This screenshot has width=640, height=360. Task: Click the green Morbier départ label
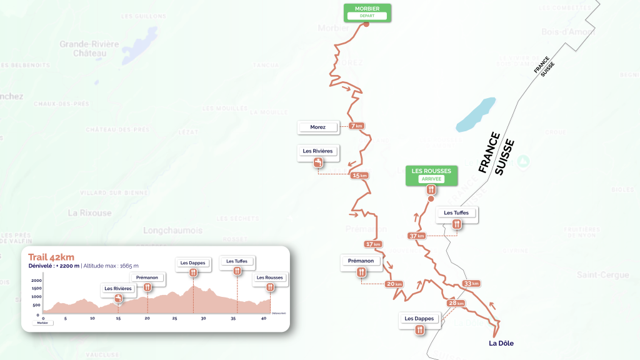[367, 12]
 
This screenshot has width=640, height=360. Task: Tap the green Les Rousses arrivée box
[431, 174]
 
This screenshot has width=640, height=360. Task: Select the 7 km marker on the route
[357, 126]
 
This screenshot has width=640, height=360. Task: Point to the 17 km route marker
[373, 244]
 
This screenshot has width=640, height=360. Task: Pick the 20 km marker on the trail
[394, 284]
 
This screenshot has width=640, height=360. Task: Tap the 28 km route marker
[456, 304]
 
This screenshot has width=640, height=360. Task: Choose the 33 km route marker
[471, 284]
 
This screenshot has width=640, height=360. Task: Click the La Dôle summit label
[501, 342]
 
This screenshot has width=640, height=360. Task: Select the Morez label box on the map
[318, 127]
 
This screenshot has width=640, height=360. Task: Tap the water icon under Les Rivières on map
[318, 163]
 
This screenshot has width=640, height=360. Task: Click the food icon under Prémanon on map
[361, 272]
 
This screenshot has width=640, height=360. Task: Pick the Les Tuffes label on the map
[456, 213]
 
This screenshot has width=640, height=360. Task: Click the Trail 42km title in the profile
[51, 257]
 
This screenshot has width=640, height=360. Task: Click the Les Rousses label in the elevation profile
[269, 277]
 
